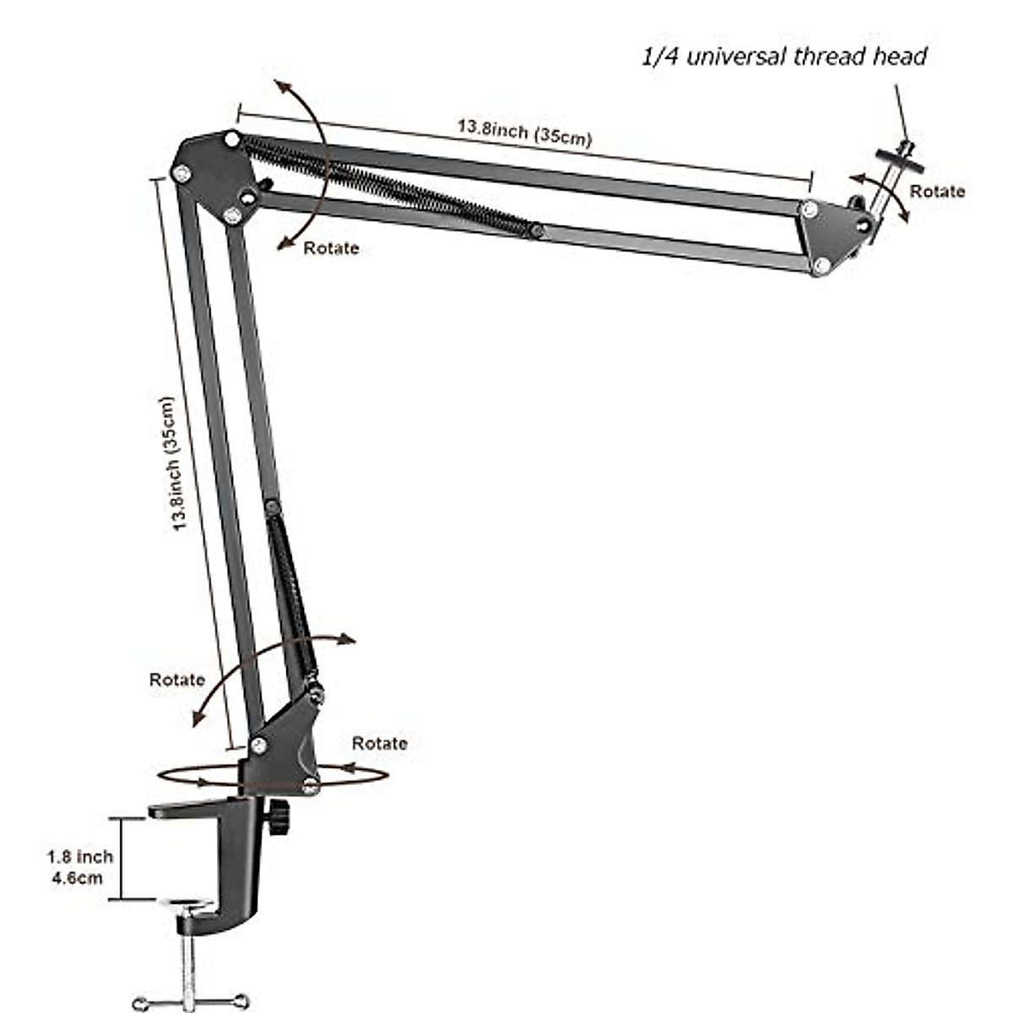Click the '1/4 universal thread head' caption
coord(783,57)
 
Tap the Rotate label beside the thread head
coord(937,192)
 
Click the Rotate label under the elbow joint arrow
coord(331,247)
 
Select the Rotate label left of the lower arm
coord(177,680)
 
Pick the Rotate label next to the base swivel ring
coord(379,743)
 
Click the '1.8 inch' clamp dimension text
coord(79,857)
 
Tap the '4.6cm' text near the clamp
coord(78,878)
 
